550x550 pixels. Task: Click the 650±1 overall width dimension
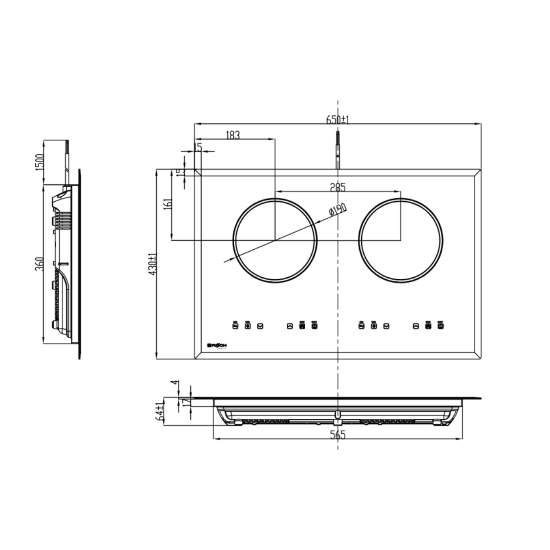[337, 119]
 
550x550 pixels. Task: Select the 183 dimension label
[233, 135]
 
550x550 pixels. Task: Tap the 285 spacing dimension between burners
[338, 187]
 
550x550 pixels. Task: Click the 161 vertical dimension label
[167, 204]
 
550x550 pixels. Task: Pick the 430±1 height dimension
[153, 264]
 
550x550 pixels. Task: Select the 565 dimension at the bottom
[338, 435]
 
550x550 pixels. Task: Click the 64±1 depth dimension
[159, 411]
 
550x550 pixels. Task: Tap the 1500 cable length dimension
[39, 162]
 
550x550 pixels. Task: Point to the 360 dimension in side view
[39, 264]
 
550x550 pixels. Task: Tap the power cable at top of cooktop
[337, 149]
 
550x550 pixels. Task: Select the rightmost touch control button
[440, 326]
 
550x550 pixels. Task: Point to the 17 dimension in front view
[185, 402]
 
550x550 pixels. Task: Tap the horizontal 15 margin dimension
[198, 147]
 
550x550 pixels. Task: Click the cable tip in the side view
[67, 146]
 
